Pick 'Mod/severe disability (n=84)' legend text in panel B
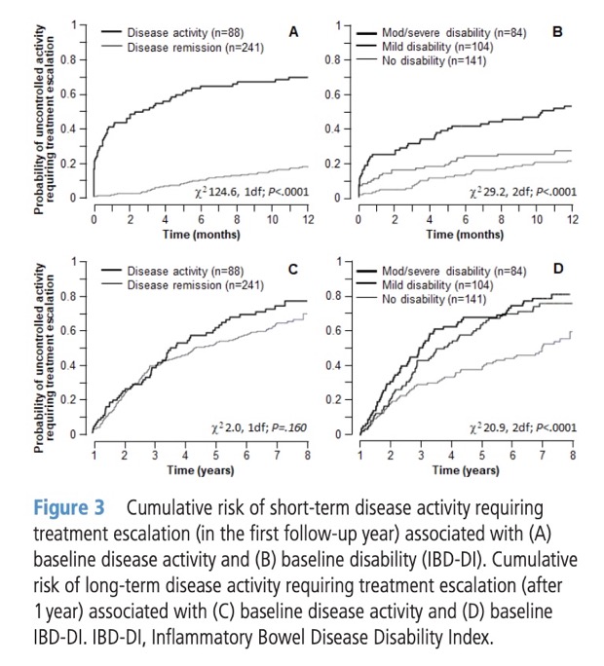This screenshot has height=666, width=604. [442, 34]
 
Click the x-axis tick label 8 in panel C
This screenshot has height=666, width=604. [308, 456]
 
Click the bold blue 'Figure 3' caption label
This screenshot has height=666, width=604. [73, 510]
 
